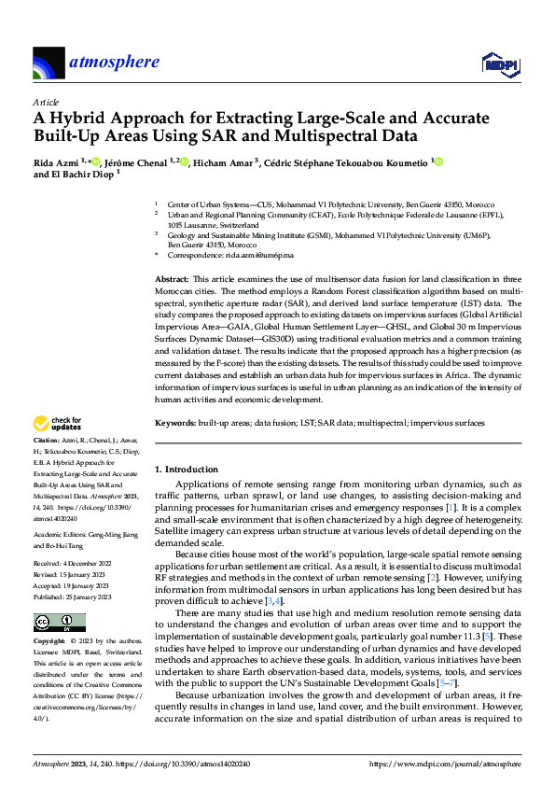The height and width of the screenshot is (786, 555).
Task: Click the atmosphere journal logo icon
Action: click(x=49, y=63)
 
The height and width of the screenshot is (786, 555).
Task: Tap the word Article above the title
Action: click(x=46, y=102)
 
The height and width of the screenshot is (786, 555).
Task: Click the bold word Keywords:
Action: click(x=174, y=423)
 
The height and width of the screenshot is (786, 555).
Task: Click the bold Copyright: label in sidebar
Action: click(x=49, y=642)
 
